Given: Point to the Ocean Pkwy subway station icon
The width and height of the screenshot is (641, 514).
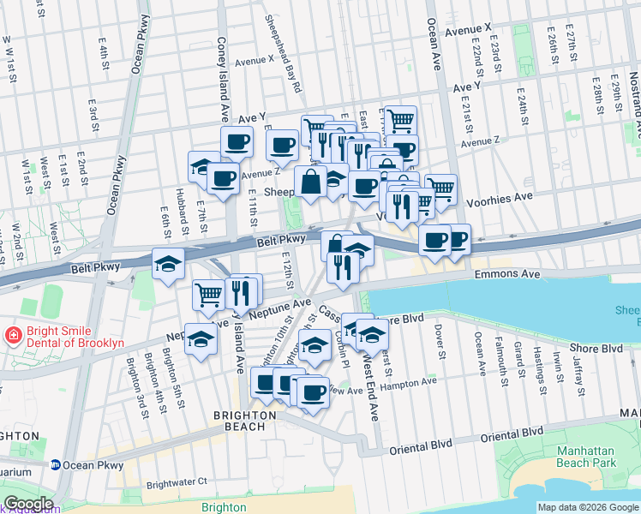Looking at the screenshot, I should (x=55, y=465).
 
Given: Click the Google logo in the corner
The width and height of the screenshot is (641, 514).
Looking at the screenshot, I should (x=28, y=504).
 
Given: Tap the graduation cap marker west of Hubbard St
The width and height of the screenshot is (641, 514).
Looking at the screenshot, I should (x=168, y=263).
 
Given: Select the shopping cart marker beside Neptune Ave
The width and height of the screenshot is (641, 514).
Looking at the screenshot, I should (x=209, y=296).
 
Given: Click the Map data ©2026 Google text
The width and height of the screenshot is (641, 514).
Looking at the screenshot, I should (x=588, y=507).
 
